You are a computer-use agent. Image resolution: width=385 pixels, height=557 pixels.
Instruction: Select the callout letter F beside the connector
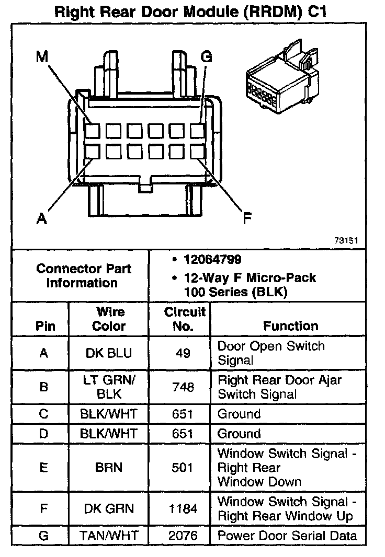246,218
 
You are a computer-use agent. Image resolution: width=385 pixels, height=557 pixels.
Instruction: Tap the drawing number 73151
346,241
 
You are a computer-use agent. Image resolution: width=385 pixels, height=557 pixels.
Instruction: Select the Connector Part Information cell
84,276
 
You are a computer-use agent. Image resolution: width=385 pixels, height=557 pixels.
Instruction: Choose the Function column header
290,326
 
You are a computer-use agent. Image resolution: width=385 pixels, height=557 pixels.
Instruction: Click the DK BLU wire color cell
109,353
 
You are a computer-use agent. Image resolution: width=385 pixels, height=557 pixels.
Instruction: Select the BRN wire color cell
109,468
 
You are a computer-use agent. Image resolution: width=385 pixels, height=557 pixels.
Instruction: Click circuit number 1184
183,509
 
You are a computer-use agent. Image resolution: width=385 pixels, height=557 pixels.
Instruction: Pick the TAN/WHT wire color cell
109,536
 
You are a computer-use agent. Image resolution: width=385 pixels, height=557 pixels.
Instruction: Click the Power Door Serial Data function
287,536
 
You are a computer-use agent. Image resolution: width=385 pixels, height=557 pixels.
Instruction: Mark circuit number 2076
183,536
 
